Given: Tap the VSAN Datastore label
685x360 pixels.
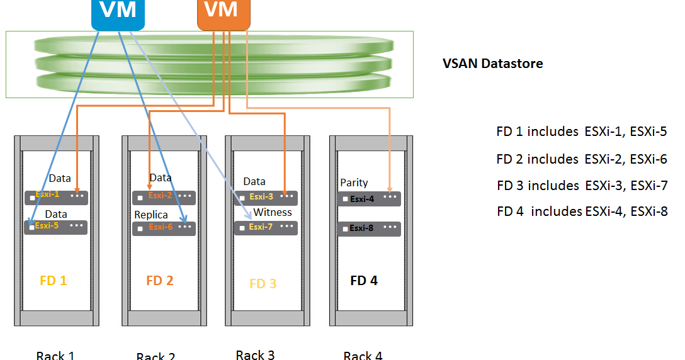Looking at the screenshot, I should tap(492, 64).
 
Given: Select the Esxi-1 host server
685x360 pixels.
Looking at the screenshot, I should tap(56, 197).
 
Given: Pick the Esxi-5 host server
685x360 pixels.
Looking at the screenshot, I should tap(56, 226).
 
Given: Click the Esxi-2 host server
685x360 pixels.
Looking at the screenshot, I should tap(164, 197).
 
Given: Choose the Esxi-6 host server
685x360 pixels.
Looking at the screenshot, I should tap(164, 227).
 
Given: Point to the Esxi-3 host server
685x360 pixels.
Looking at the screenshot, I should tap(265, 198).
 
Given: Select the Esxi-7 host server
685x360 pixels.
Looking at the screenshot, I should tap(265, 227).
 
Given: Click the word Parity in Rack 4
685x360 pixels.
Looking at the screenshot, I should tap(354, 183).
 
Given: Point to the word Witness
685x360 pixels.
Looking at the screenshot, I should tap(273, 212).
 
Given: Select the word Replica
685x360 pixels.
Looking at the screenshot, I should tap(151, 215).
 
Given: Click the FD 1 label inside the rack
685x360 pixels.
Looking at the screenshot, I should tap(53, 281).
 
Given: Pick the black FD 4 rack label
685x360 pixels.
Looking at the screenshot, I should tap(364, 281).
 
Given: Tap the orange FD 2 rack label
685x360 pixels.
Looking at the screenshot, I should tap(159, 281).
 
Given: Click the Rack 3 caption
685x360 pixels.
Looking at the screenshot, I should tap(255, 355).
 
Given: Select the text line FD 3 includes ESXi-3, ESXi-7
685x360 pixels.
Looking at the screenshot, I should tap(582, 186).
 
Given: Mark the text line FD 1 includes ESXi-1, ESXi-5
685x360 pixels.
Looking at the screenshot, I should tap(581, 132).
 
